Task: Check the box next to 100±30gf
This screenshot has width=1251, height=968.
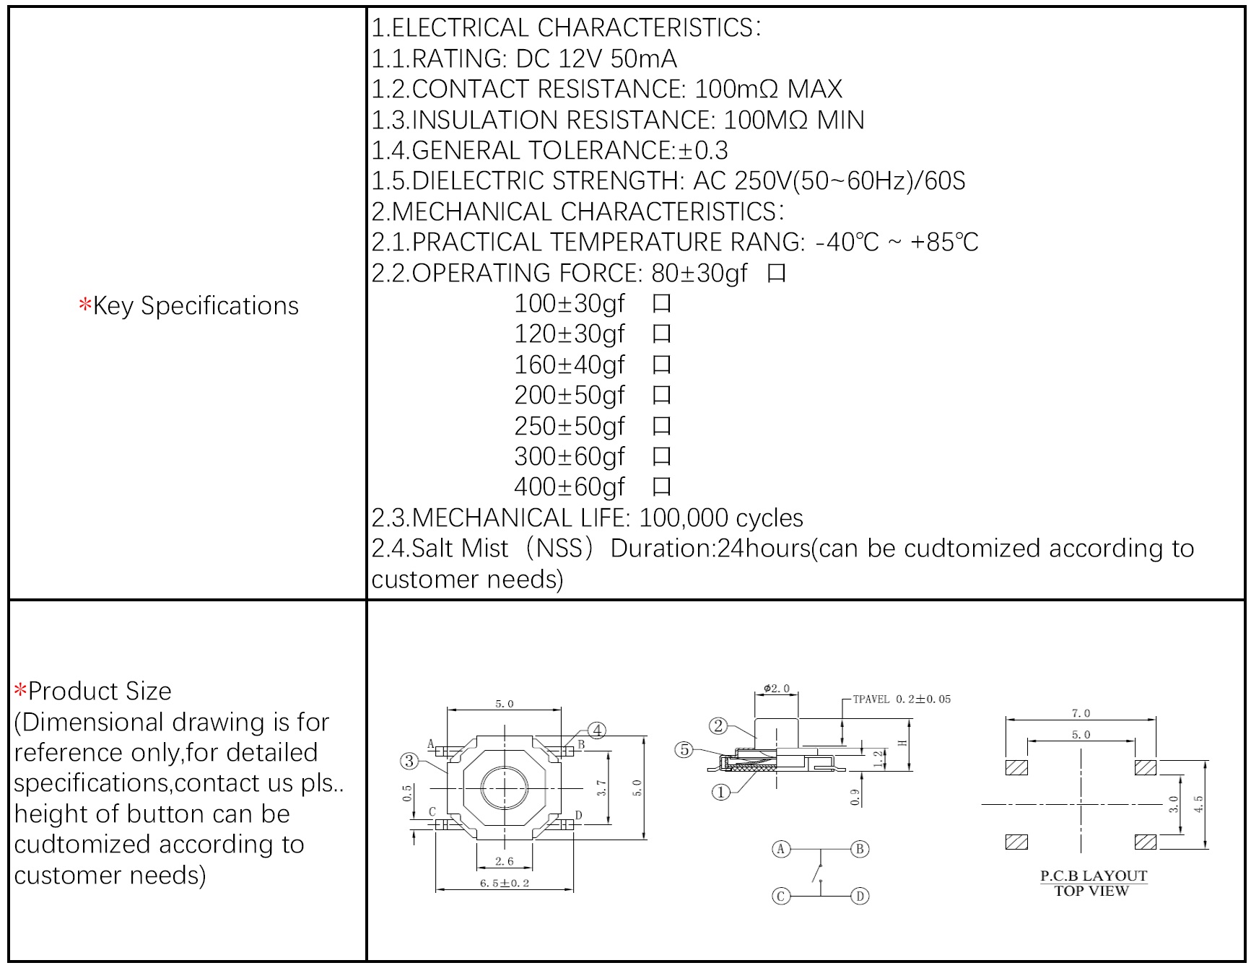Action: pyautogui.click(x=661, y=304)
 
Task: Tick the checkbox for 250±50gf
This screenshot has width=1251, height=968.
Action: pyautogui.click(x=661, y=427)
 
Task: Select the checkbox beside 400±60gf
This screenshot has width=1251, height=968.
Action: pyautogui.click(x=661, y=487)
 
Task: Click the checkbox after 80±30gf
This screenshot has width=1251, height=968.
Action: pyautogui.click(x=777, y=274)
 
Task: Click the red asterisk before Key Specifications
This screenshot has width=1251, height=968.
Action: pyautogui.click(x=85, y=305)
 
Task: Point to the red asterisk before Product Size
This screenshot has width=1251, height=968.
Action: pyautogui.click(x=20, y=690)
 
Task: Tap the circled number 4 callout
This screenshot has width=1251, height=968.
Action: pyautogui.click(x=597, y=731)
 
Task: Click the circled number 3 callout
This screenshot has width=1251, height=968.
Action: pyautogui.click(x=409, y=761)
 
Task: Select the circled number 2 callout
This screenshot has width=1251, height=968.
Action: pyautogui.click(x=718, y=726)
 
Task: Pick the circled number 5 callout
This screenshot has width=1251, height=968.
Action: pyautogui.click(x=684, y=750)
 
